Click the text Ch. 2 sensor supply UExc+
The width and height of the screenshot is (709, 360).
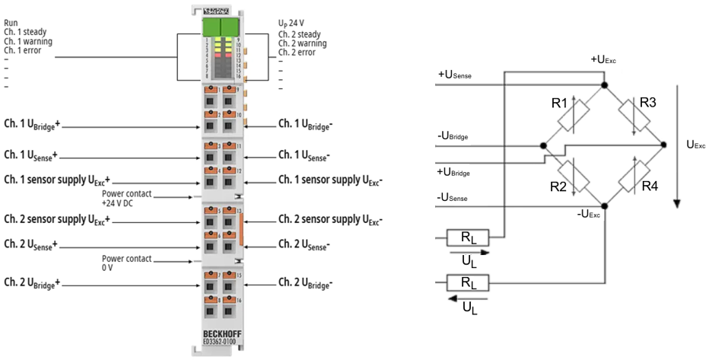[57, 219]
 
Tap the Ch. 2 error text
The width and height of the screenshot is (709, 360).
[297, 52]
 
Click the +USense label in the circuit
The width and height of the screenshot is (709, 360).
[455, 74]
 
